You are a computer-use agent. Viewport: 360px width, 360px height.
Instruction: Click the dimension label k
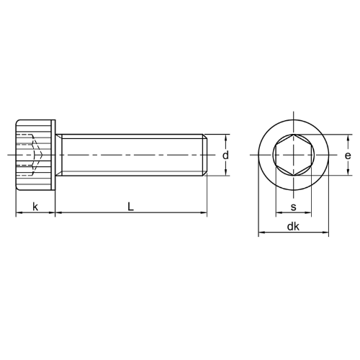tap(35, 207)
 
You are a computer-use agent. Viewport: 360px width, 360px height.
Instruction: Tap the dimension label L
tap(130, 207)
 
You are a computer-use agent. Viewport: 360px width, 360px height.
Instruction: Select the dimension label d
tap(225, 156)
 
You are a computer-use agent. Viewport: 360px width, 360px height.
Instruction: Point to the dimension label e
tap(348, 156)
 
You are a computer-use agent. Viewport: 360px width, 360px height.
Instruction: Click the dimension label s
tap(294, 207)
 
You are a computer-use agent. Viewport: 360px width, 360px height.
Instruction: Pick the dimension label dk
tap(293, 226)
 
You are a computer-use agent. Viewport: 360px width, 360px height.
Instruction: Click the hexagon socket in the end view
tap(294, 155)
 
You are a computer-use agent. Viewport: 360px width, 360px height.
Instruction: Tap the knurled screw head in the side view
tap(35, 155)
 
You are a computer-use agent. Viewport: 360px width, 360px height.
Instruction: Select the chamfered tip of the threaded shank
tap(205, 155)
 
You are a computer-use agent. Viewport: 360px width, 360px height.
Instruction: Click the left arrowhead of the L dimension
tap(58, 212)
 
